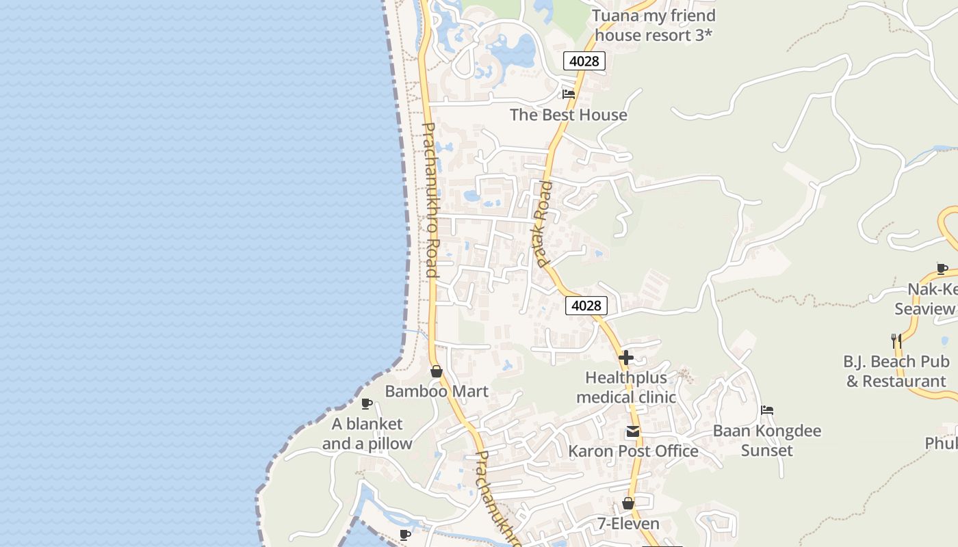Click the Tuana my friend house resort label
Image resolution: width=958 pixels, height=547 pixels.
tap(653, 25)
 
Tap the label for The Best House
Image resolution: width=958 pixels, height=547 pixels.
tap(568, 115)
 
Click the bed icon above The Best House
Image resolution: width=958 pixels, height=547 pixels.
tap(569, 94)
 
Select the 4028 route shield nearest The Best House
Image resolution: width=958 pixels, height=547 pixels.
tap(584, 61)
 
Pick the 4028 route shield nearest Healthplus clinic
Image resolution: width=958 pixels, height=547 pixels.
tap(586, 306)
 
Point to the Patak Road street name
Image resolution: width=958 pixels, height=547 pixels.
tap(543, 224)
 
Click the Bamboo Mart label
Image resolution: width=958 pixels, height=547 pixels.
tap(437, 391)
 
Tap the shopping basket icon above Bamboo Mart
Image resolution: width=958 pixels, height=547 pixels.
tap(437, 371)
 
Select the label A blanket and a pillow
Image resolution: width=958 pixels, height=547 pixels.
tap(367, 433)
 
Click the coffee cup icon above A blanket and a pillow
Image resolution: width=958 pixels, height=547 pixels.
tap(367, 403)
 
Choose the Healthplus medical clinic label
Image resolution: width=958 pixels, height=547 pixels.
tap(625, 387)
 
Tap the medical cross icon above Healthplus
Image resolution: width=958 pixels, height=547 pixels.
tap(625, 357)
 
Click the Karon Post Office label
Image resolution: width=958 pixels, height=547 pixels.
tap(633, 451)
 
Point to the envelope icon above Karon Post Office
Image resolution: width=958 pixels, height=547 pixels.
tap(633, 431)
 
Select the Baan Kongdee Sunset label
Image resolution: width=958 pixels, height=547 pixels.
tap(767, 440)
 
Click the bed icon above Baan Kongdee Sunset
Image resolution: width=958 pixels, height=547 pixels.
tap(767, 410)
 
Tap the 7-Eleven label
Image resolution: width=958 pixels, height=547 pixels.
tap(628, 524)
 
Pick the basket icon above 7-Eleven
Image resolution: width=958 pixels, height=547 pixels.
tap(628, 504)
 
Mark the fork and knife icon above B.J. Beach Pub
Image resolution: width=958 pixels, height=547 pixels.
tap(896, 341)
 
